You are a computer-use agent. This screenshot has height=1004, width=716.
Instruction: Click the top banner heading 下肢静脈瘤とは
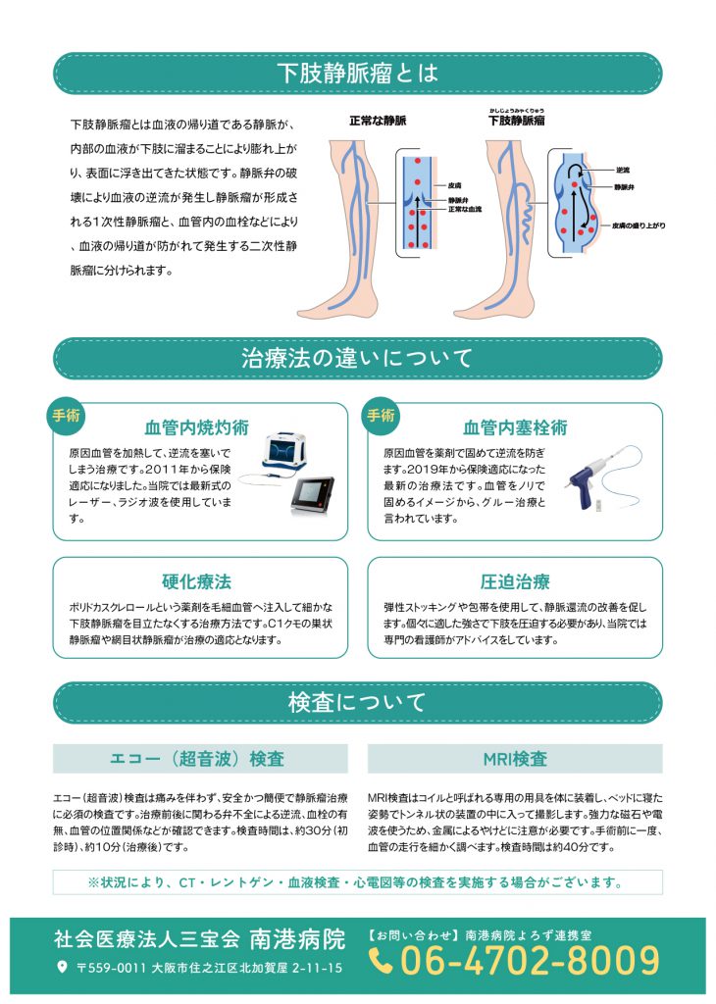pos(357,74)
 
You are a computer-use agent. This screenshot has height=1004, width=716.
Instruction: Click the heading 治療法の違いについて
pos(357,359)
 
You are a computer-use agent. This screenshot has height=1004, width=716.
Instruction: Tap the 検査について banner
pos(357,702)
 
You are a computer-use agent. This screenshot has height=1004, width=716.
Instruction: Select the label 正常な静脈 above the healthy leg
pos(378,122)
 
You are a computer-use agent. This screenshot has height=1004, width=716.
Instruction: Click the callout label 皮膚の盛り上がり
pos(639,225)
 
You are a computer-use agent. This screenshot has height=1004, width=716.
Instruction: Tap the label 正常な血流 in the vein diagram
pos(466,209)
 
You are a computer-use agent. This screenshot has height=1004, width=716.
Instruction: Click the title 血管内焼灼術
pos(196,427)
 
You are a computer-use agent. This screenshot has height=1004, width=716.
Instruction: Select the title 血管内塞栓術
pos(514,427)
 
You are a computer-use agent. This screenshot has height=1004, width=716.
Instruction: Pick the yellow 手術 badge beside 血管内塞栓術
pos(381,415)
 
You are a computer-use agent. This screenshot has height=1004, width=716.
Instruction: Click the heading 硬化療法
pos(196,581)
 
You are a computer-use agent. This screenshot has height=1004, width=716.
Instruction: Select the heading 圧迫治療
pos(514,581)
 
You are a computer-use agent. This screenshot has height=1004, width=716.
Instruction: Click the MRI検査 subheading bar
pos(514,759)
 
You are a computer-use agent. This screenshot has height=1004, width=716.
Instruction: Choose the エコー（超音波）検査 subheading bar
pos(200,759)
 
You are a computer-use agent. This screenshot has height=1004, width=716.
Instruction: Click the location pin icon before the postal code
pos(63,968)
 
